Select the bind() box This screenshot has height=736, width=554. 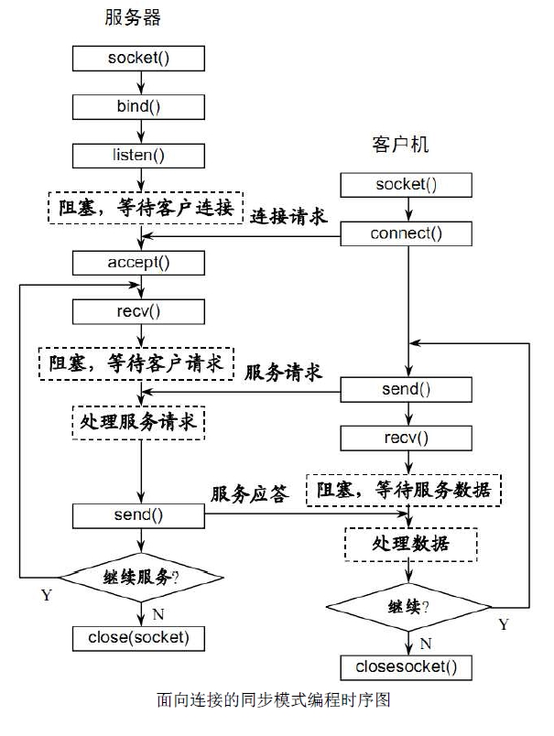[139, 105]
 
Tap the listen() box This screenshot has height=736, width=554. [139, 154]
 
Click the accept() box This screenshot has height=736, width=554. [139, 263]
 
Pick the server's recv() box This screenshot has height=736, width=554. [139, 311]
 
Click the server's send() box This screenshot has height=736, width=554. [139, 514]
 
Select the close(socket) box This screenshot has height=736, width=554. [139, 636]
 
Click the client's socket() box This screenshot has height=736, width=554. [406, 185]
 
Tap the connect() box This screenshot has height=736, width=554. [406, 233]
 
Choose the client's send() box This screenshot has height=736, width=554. [406, 389]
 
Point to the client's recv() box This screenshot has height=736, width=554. [406, 438]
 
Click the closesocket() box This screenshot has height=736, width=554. [406, 666]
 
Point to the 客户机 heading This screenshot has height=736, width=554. [399, 146]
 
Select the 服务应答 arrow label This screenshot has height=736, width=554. [250, 494]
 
